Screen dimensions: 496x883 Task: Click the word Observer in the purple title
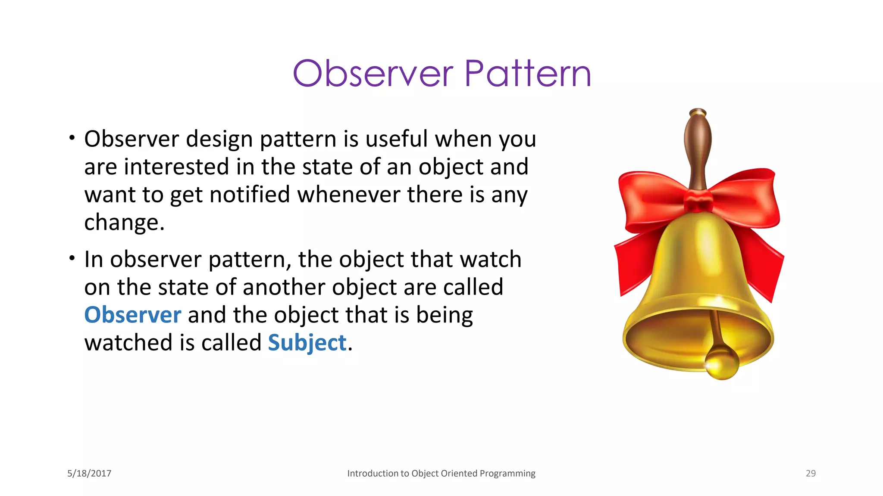tap(373, 74)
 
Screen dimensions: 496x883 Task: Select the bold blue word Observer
tap(132, 315)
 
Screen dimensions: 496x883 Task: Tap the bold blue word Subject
tap(307, 343)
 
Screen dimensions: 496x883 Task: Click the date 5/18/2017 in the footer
tap(89, 473)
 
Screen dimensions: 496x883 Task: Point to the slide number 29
tap(811, 473)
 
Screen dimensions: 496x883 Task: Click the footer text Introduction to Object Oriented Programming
tap(441, 473)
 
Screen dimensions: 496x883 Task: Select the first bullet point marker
tap(72, 138)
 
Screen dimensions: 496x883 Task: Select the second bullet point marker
tap(72, 258)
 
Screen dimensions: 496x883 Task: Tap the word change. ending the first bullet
tap(124, 223)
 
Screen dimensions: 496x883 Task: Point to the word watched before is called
tap(128, 343)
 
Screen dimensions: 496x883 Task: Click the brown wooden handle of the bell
tap(698, 151)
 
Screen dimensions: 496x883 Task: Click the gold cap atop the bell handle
tap(698, 113)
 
